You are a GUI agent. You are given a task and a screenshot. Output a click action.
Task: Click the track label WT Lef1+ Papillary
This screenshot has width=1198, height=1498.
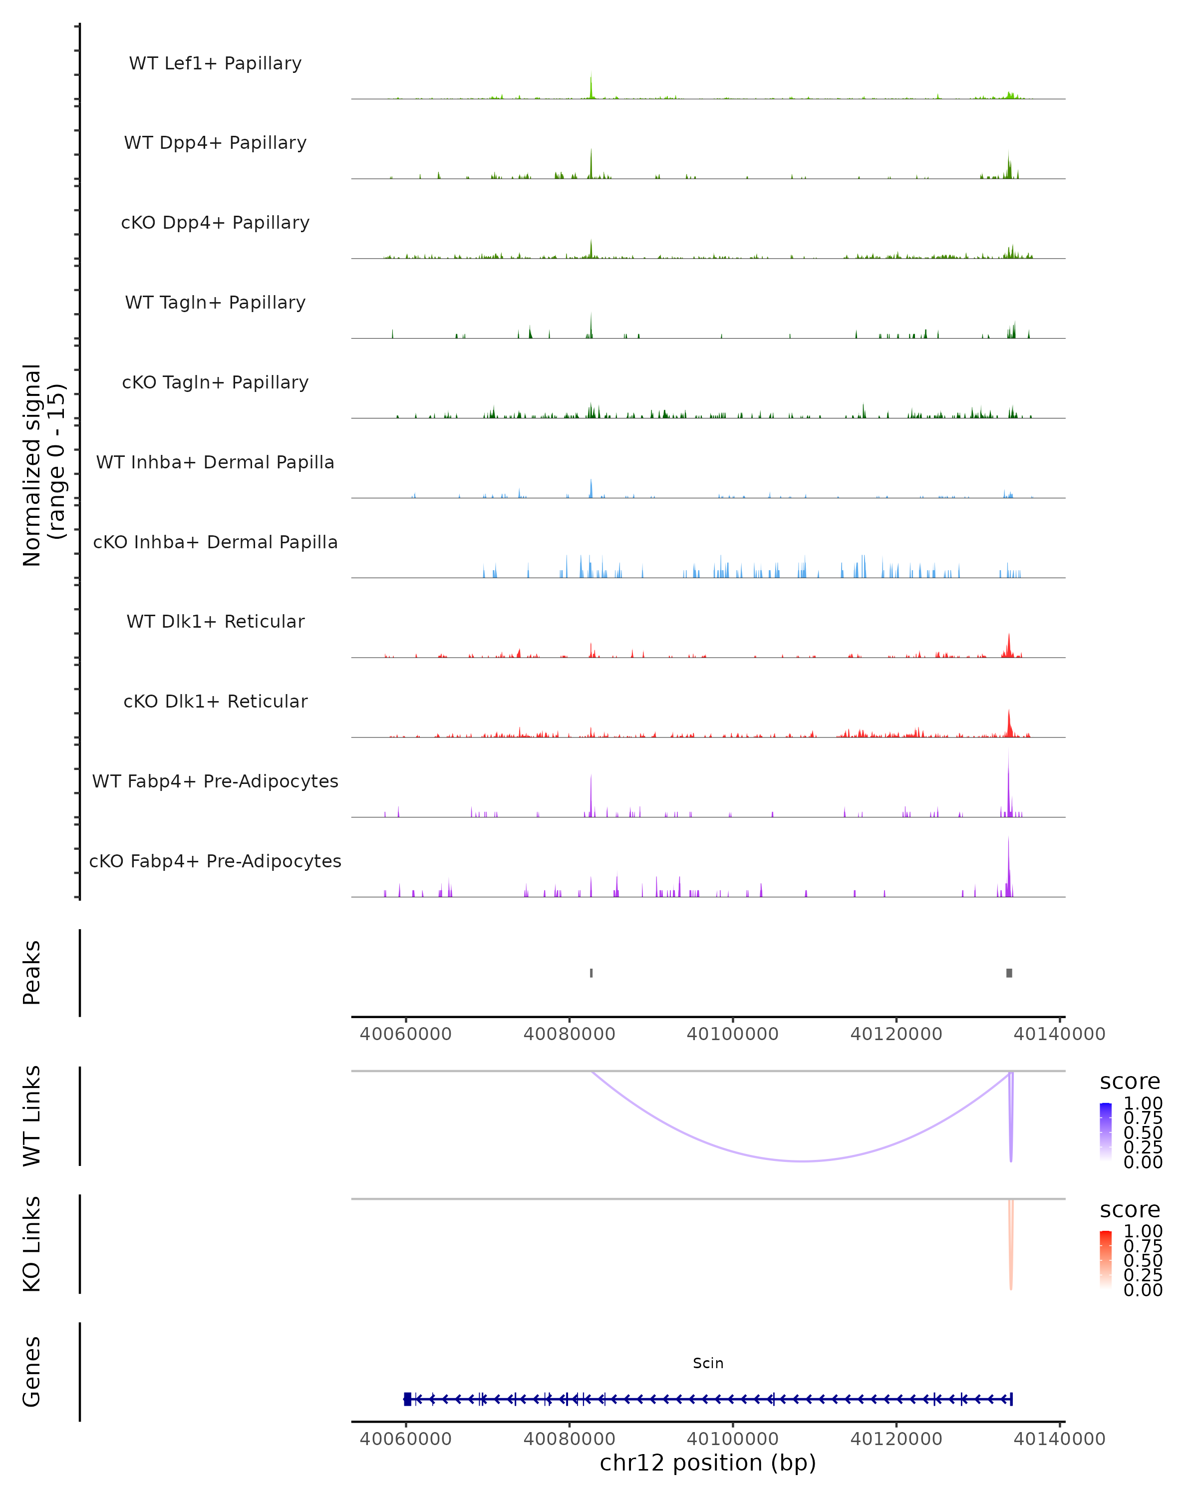215,63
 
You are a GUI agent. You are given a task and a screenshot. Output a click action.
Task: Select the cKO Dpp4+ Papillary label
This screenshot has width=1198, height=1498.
215,223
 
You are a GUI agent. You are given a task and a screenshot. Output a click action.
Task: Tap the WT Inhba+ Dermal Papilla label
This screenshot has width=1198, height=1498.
215,463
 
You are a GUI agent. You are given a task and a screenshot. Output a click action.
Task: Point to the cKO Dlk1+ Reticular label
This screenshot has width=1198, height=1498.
215,702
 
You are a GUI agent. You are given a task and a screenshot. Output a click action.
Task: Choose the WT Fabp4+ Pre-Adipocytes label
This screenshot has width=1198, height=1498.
215,781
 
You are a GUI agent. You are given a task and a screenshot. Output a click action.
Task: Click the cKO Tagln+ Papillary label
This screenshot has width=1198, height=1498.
215,383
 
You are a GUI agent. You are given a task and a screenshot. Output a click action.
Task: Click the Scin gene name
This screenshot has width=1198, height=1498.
708,1363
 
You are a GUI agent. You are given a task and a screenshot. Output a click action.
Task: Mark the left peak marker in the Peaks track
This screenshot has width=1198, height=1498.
591,973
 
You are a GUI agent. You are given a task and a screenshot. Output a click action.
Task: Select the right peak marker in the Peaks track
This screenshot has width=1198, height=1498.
1009,973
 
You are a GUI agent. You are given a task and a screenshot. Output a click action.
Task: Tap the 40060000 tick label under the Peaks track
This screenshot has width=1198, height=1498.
406,1034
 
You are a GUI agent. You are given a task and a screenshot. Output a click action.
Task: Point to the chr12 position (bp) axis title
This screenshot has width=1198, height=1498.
708,1463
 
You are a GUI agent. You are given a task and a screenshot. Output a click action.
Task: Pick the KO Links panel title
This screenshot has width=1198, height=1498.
32,1244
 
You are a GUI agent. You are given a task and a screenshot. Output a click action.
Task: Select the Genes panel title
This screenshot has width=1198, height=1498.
32,1372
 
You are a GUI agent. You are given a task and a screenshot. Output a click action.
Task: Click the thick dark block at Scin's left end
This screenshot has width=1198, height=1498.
408,1399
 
